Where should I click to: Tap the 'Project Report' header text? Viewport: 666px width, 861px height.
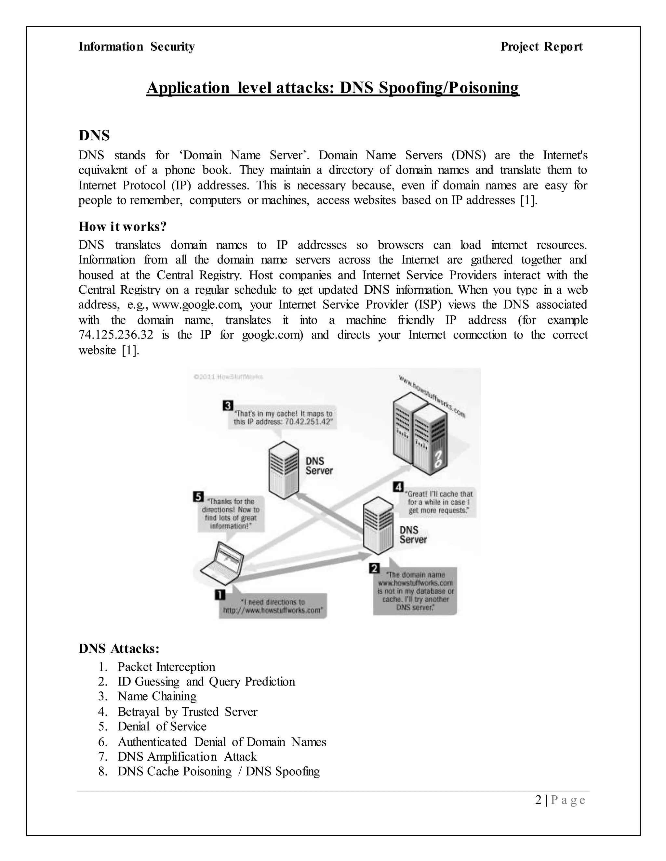pos(541,46)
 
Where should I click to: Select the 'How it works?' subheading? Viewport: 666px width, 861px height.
pos(123,227)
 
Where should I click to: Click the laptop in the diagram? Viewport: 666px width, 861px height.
pos(222,564)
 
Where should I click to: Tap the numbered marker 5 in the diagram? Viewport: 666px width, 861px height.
pos(198,496)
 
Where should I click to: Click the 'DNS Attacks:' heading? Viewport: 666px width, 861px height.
pos(119,649)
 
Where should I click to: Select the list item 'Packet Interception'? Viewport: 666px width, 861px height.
pos(166,667)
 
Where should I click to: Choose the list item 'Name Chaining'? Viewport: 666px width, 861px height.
pos(157,697)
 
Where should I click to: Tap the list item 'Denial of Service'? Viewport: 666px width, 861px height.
pos(162,726)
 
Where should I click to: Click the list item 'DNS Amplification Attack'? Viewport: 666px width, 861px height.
pos(187,756)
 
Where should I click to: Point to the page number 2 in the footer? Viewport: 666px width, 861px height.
pos(539,800)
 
